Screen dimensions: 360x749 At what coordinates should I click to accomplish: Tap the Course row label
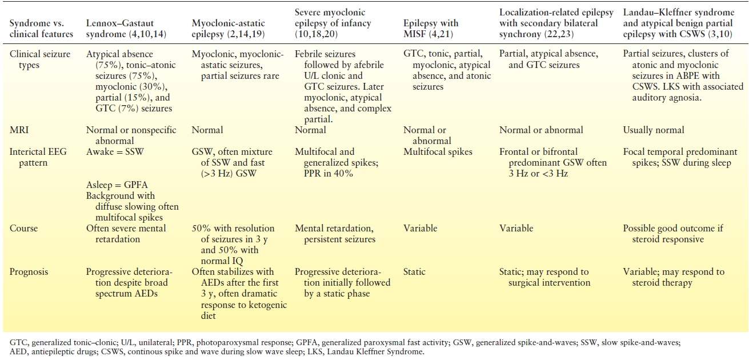(23, 229)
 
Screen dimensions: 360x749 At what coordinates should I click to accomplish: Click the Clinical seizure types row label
(35, 59)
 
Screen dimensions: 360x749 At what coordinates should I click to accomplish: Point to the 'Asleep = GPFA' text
(117, 185)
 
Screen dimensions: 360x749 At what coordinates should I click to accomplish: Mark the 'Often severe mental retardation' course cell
(126, 234)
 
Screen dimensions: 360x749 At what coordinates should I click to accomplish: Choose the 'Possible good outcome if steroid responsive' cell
(672, 234)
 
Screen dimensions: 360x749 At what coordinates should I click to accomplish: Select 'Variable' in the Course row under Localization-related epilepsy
(516, 229)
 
